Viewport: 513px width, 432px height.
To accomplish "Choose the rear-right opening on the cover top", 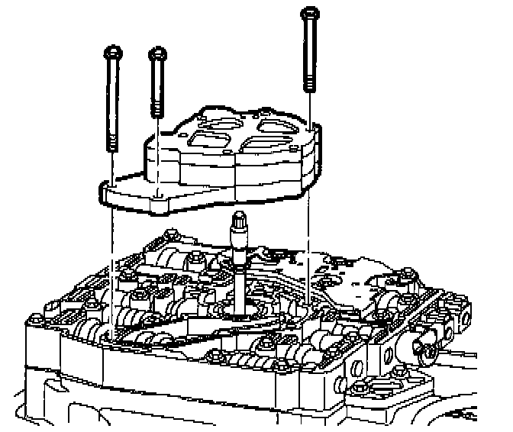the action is [x=271, y=123].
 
